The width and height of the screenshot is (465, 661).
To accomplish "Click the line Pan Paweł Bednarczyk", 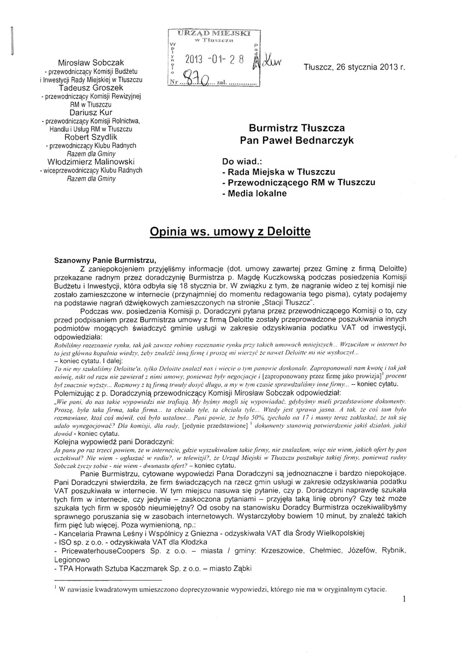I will (297, 141).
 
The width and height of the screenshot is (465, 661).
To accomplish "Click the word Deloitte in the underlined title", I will (284, 232).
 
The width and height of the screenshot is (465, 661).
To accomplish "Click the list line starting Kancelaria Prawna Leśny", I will (209, 532).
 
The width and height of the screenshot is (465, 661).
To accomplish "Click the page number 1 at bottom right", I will (404, 599).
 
